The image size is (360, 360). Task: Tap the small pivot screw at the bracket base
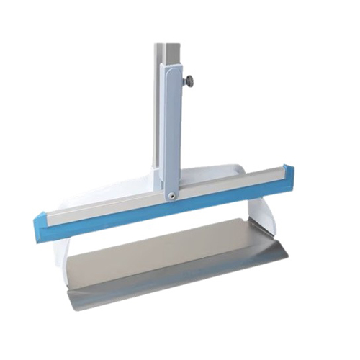171,194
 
